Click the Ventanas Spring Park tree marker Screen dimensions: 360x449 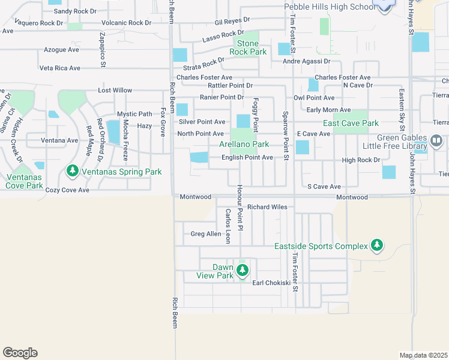(x=73, y=172)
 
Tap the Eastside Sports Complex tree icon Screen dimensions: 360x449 (x=376, y=245)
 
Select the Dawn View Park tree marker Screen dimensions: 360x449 (x=243, y=271)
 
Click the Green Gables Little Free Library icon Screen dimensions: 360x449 (x=436, y=142)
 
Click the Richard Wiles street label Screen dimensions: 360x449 (x=267, y=207)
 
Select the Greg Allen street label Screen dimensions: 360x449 (x=206, y=234)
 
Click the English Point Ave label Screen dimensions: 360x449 (x=247, y=158)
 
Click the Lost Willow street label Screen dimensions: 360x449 (x=115, y=91)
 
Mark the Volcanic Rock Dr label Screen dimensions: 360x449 (x=126, y=23)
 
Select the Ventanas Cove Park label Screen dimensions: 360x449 (x=25, y=181)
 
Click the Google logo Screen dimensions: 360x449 (x=20, y=353)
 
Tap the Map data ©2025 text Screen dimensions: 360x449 (x=423, y=355)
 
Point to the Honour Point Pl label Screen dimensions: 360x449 (x=238, y=215)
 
